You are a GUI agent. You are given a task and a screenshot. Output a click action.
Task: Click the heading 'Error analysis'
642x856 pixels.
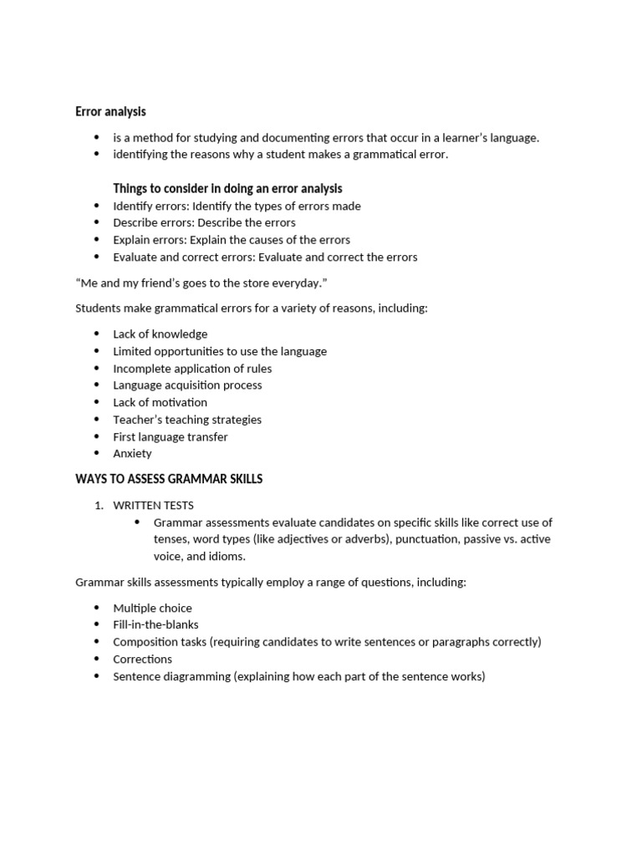click(x=110, y=111)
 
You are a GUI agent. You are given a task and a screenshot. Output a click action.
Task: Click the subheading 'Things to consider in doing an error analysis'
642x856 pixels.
click(x=227, y=188)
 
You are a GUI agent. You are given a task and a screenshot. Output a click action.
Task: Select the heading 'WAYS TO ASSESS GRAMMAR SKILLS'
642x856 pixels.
click(x=169, y=479)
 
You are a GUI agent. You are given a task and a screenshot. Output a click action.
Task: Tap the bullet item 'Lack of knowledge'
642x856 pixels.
click(x=160, y=334)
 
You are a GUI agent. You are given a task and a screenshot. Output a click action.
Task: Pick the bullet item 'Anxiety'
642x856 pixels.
click(x=132, y=453)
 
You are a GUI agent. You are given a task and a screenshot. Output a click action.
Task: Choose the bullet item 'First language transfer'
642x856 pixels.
click(x=170, y=436)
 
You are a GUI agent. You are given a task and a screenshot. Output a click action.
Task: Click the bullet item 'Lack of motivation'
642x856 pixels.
click(x=160, y=402)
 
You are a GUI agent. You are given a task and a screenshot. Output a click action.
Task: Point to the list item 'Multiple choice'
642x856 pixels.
click(x=152, y=608)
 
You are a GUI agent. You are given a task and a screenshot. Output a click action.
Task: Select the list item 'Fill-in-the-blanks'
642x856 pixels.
click(x=155, y=624)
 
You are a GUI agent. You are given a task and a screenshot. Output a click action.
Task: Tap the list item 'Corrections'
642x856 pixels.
click(x=142, y=659)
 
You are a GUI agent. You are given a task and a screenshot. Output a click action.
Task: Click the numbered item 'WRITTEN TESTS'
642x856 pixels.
click(x=153, y=505)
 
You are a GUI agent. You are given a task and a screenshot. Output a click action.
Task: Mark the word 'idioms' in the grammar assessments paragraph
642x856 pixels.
click(x=228, y=556)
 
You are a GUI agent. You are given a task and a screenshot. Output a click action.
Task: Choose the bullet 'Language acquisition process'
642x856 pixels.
click(x=187, y=385)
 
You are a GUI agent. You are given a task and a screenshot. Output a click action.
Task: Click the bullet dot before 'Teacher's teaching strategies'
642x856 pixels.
click(x=96, y=420)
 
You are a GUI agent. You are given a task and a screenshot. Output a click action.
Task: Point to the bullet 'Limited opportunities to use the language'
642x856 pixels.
click(x=220, y=351)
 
